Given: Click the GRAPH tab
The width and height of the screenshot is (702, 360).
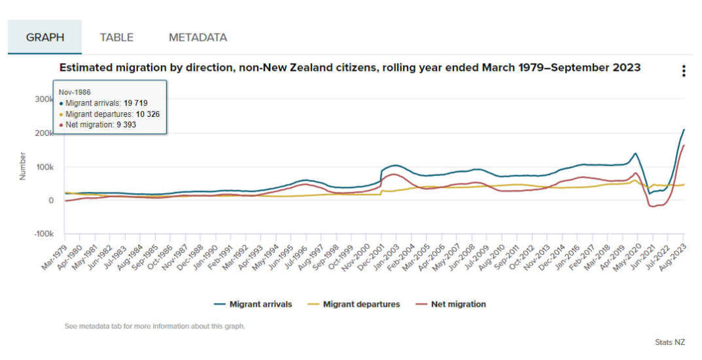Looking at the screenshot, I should tap(45, 37).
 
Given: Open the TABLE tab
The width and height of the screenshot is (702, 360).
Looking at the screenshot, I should tap(116, 37).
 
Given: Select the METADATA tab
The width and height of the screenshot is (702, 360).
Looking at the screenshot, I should tap(198, 37).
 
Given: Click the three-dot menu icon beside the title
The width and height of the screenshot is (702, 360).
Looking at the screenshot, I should tap(684, 71).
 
